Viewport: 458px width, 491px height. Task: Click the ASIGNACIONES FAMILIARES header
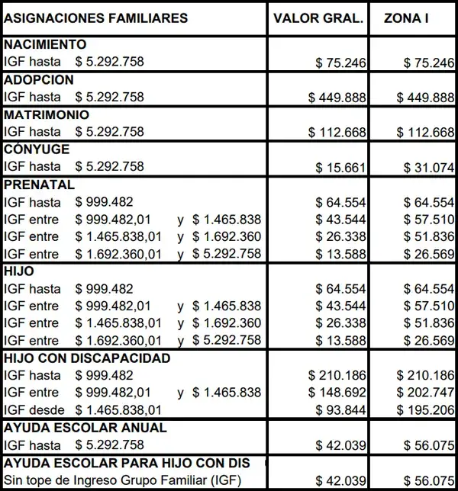[x=95, y=18]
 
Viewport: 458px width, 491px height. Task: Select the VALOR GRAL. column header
[x=320, y=18]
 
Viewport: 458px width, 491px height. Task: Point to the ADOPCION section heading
[x=39, y=80]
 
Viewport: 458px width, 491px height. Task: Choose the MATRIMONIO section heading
[x=47, y=115]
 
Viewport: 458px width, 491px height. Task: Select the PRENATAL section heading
[x=39, y=185]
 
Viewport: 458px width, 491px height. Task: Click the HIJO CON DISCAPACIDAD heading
[x=87, y=358]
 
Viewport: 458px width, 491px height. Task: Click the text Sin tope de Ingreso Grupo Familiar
[x=111, y=480]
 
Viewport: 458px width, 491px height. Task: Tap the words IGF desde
[x=32, y=410]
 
